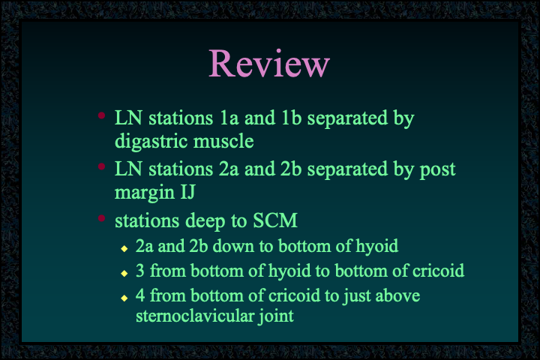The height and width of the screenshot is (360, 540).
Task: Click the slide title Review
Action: pyautogui.click(x=269, y=64)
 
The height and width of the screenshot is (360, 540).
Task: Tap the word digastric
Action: pyautogui.click(x=151, y=142)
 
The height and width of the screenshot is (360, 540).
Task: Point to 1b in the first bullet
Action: pyautogui.click(x=291, y=118)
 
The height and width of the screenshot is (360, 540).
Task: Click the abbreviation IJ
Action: pyautogui.click(x=187, y=192)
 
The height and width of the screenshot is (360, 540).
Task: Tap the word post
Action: pyautogui.click(x=437, y=169)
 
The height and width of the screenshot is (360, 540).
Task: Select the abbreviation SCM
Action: pyautogui.click(x=275, y=220)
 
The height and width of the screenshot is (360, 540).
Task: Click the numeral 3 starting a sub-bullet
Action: pyautogui.click(x=139, y=271)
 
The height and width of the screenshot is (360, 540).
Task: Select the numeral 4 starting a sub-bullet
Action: pyautogui.click(x=140, y=295)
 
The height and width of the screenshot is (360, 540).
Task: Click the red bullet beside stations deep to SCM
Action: pyautogui.click(x=101, y=218)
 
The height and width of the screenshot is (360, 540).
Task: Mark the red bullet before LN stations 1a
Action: pyautogui.click(x=101, y=115)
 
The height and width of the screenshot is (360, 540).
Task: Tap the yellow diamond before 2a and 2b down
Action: pyautogui.click(x=124, y=248)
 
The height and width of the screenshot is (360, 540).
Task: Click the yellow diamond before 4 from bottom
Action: pyautogui.click(x=124, y=298)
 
